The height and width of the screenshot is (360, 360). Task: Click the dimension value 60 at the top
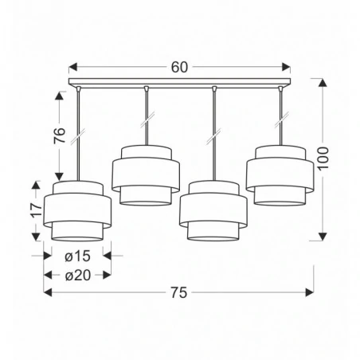179,68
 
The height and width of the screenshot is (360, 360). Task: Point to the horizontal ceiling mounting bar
180,84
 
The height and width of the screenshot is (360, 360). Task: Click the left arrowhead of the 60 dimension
72,68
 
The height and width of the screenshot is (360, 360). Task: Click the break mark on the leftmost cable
77,136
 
